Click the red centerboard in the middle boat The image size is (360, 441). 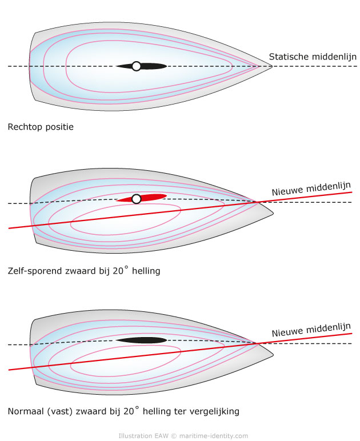(152, 197)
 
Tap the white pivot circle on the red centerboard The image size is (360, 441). (137, 199)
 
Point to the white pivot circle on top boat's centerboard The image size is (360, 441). (137, 66)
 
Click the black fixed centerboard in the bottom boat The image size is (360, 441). (142, 340)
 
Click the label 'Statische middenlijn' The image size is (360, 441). (313, 57)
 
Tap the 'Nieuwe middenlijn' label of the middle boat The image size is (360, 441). (311, 189)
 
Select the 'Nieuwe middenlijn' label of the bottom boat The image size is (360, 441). (311, 330)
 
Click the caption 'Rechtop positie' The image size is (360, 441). (41, 127)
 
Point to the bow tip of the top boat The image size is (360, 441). (272, 67)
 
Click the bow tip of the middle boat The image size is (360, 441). (273, 214)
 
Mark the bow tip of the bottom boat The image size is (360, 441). (273, 355)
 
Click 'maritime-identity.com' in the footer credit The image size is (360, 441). (214, 436)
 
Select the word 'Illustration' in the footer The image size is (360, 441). (135, 436)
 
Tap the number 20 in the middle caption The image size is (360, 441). (118, 271)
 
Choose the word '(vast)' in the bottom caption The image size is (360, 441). (60, 411)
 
